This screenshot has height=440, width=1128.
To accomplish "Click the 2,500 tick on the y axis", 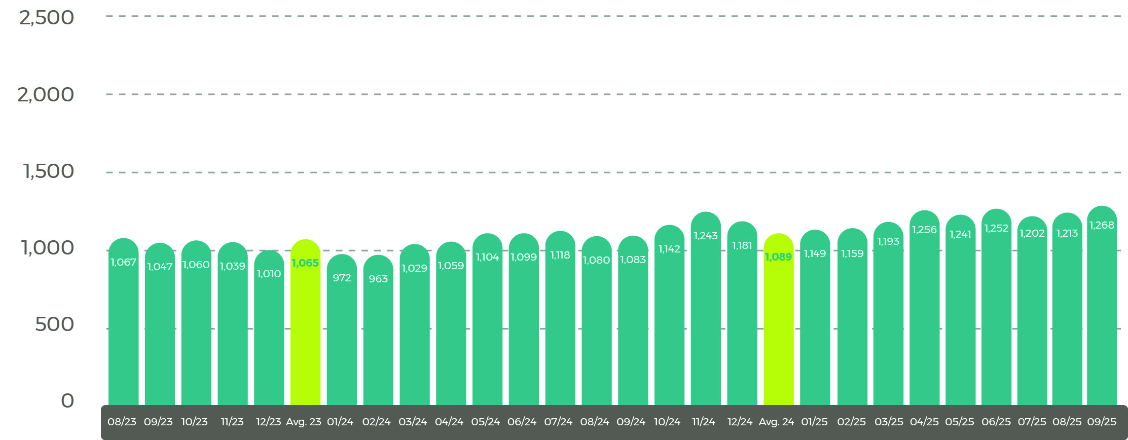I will [47, 18].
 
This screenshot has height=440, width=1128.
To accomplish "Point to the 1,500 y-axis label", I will [49, 171].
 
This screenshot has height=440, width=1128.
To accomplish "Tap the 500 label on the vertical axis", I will [54, 324].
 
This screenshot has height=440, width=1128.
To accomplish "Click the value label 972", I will [342, 278].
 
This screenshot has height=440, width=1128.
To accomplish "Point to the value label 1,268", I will [1102, 225].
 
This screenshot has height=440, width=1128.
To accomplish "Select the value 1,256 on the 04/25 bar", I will [924, 230].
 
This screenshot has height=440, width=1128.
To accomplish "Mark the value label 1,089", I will [778, 257].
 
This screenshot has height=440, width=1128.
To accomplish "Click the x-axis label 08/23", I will [122, 422].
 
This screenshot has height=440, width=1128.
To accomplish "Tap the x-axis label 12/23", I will [268, 422].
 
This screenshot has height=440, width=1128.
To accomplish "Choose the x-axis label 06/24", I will [522, 422].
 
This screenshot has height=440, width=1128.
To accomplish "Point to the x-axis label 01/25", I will [814, 422].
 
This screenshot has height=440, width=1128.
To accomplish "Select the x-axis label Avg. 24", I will [776, 422].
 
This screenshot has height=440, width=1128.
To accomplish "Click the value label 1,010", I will [269, 274].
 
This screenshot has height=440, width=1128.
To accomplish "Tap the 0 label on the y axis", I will [67, 401].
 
